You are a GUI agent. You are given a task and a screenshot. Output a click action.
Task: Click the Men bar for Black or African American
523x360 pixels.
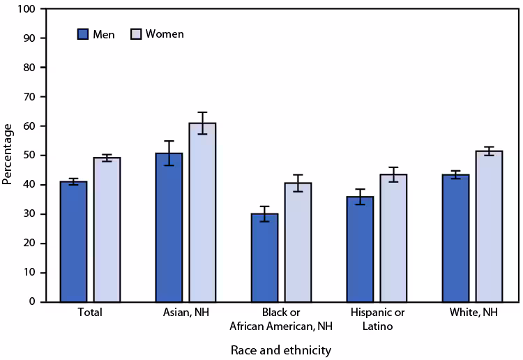coord(264,257)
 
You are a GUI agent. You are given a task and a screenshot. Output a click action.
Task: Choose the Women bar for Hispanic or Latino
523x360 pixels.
coord(393,238)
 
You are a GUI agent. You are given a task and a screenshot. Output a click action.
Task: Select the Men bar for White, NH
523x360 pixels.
coord(455,238)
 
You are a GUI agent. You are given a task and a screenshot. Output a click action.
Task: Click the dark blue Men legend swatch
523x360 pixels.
coord(83,33)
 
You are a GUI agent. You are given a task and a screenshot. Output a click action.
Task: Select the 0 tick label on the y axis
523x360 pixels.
coord(31,302)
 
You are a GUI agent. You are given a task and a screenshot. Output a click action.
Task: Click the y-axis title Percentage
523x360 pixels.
coord(8,154)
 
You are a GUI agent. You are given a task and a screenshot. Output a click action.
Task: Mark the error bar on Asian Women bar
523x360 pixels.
coord(202,123)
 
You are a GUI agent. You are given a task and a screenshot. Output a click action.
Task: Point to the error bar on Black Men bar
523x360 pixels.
coord(264,213)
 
